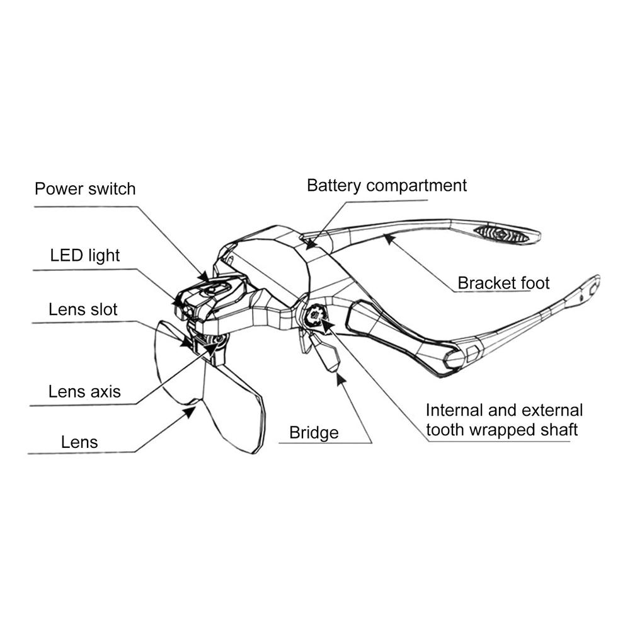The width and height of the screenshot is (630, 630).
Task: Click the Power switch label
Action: click(x=85, y=189)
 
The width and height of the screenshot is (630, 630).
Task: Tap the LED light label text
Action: click(x=85, y=256)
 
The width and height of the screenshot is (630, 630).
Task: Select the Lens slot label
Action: click(x=83, y=310)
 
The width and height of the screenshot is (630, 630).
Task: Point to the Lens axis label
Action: click(x=84, y=392)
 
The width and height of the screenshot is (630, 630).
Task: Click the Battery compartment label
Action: click(x=387, y=186)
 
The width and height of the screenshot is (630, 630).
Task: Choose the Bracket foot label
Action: click(x=503, y=283)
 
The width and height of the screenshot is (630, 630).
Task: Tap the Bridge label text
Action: click(x=314, y=433)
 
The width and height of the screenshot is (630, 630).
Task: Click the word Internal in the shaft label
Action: click(x=454, y=411)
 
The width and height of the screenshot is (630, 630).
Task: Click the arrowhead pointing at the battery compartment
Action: click(x=310, y=243)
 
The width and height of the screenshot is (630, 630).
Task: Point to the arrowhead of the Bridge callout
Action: click(x=341, y=379)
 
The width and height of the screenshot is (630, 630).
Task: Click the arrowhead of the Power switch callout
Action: click(x=205, y=277)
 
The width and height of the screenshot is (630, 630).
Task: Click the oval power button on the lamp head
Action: click(x=215, y=289)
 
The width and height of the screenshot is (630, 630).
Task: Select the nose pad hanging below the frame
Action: click(x=326, y=353)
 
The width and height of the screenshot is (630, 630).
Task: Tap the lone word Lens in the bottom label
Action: click(x=79, y=442)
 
